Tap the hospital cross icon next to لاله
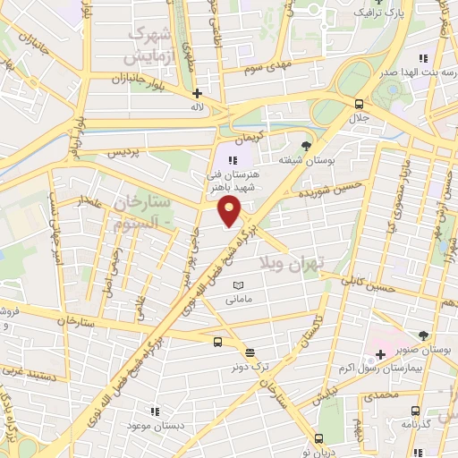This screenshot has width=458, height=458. [x=197, y=92]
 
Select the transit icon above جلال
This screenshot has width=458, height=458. [x=359, y=103]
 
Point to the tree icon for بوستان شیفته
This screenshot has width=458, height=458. [x=307, y=145]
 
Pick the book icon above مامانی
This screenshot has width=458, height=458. [x=237, y=285]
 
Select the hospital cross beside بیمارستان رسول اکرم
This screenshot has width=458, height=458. [x=379, y=355]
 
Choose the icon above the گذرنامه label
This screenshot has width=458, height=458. [x=413, y=411]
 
